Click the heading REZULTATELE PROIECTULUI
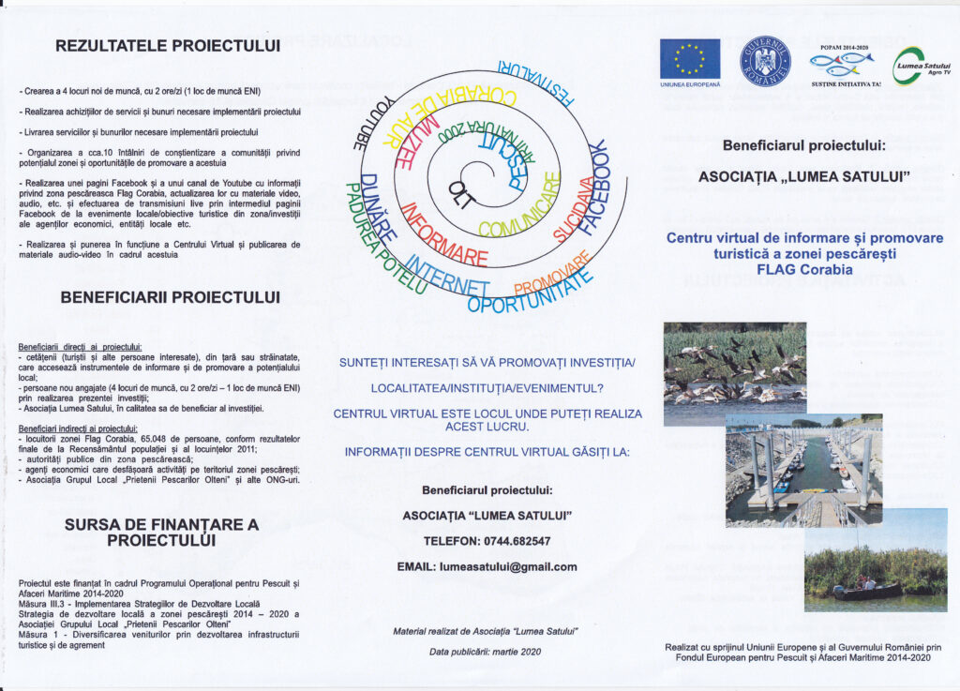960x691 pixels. coord(168,45)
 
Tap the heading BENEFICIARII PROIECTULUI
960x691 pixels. coord(170,297)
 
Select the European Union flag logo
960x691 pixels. coord(689,58)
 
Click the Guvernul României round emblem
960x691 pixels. coord(766,60)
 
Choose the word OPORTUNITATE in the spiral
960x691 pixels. coord(530,293)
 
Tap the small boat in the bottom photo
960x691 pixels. coord(866,590)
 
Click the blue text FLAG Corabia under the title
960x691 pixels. coord(804,269)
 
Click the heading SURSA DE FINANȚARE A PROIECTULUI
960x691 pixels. coord(161,533)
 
